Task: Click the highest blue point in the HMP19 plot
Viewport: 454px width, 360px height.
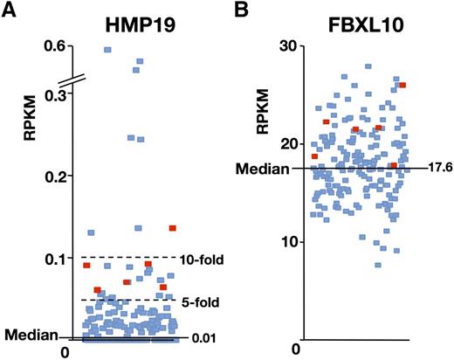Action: click(x=107, y=50)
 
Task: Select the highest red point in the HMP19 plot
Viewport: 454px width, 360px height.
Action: click(x=173, y=228)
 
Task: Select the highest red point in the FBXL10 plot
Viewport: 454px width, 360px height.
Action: click(x=402, y=85)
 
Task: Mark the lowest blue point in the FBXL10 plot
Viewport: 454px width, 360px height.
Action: click(x=378, y=265)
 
